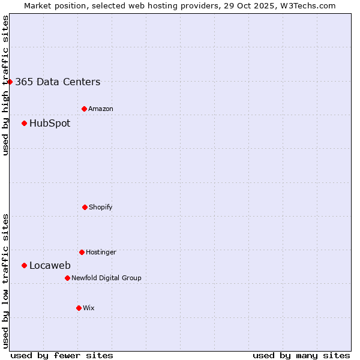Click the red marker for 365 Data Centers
click(10, 82)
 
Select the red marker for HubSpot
click(24, 123)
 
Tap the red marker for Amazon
click(84, 109)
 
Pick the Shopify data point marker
click(85, 207)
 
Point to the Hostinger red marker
click(82, 252)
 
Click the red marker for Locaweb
click(24, 265)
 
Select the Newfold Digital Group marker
click(67, 278)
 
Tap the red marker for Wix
click(79, 308)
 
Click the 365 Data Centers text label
click(58, 82)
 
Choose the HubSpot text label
click(50, 124)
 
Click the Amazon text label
click(101, 109)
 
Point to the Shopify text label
click(101, 208)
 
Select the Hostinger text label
click(101, 253)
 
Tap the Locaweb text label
click(50, 266)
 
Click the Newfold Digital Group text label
click(106, 278)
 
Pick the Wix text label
click(89, 308)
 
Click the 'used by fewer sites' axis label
click(62, 355)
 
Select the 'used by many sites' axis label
click(301, 355)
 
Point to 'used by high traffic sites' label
click(5, 85)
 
